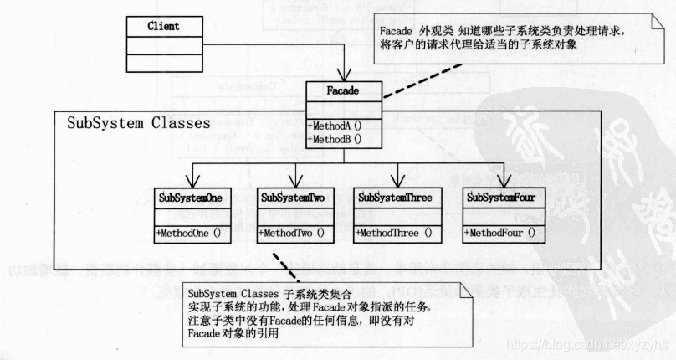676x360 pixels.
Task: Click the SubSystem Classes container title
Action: click(x=139, y=123)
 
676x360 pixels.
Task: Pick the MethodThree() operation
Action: click(x=395, y=233)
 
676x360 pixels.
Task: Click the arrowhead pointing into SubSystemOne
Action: click(x=194, y=183)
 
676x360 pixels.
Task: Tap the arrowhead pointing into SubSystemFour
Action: click(x=504, y=183)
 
